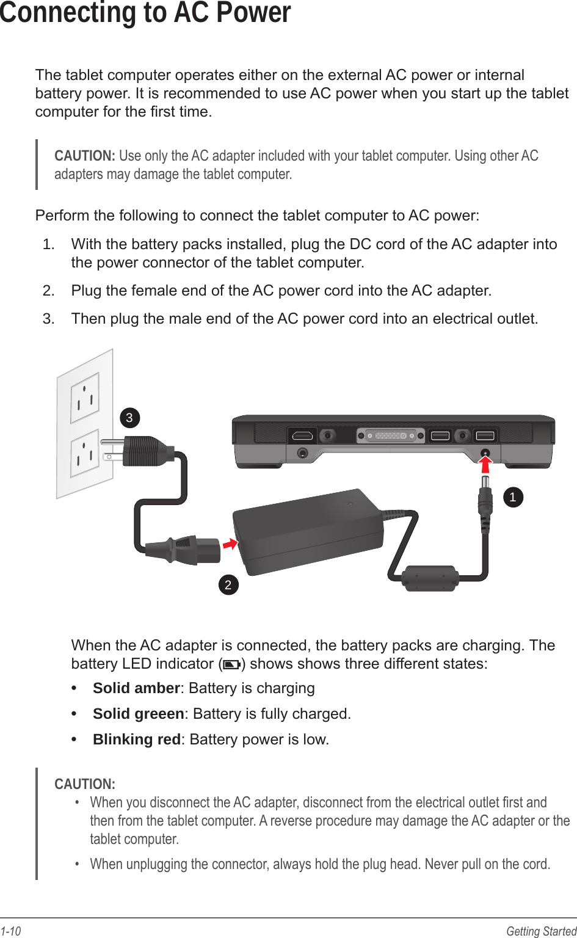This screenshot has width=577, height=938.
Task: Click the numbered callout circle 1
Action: [513, 497]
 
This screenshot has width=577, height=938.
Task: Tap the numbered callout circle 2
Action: [228, 585]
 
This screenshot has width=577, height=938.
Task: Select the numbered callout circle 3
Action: [129, 418]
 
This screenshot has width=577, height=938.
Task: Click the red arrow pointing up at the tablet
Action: [485, 464]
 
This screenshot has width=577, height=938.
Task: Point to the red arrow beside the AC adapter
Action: [230, 543]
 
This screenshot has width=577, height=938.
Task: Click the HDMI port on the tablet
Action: [302, 436]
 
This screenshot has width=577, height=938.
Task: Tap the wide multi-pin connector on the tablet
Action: [391, 436]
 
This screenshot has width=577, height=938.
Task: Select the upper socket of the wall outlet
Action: [85, 398]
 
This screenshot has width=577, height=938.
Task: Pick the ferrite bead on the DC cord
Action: [429, 578]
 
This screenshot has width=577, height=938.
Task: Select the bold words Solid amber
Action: [136, 688]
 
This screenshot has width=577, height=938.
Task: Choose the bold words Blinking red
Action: [137, 740]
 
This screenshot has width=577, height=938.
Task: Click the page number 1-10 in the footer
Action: [11, 931]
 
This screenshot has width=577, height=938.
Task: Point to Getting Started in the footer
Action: [541, 931]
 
